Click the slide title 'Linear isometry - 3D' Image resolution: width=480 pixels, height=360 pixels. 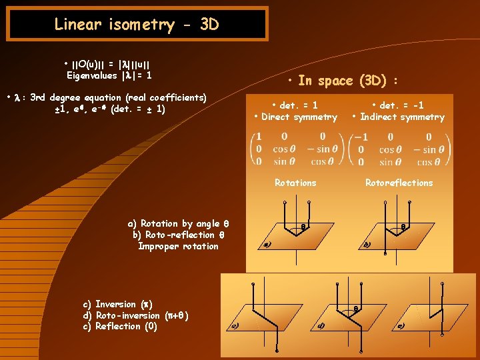tap(136, 25)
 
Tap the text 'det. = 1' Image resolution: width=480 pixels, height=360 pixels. tap(298, 105)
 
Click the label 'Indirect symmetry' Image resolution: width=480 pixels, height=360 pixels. tap(402, 117)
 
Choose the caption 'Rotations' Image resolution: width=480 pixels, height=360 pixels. tap(295, 183)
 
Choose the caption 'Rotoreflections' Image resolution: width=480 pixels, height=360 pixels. tap(399, 183)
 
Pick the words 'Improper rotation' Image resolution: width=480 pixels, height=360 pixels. tap(178, 246)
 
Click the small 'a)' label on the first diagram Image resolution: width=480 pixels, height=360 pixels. tap(266, 245)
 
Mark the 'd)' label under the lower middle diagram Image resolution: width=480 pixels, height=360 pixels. tap(321, 326)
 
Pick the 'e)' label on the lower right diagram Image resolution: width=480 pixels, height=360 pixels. tap(400, 326)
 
